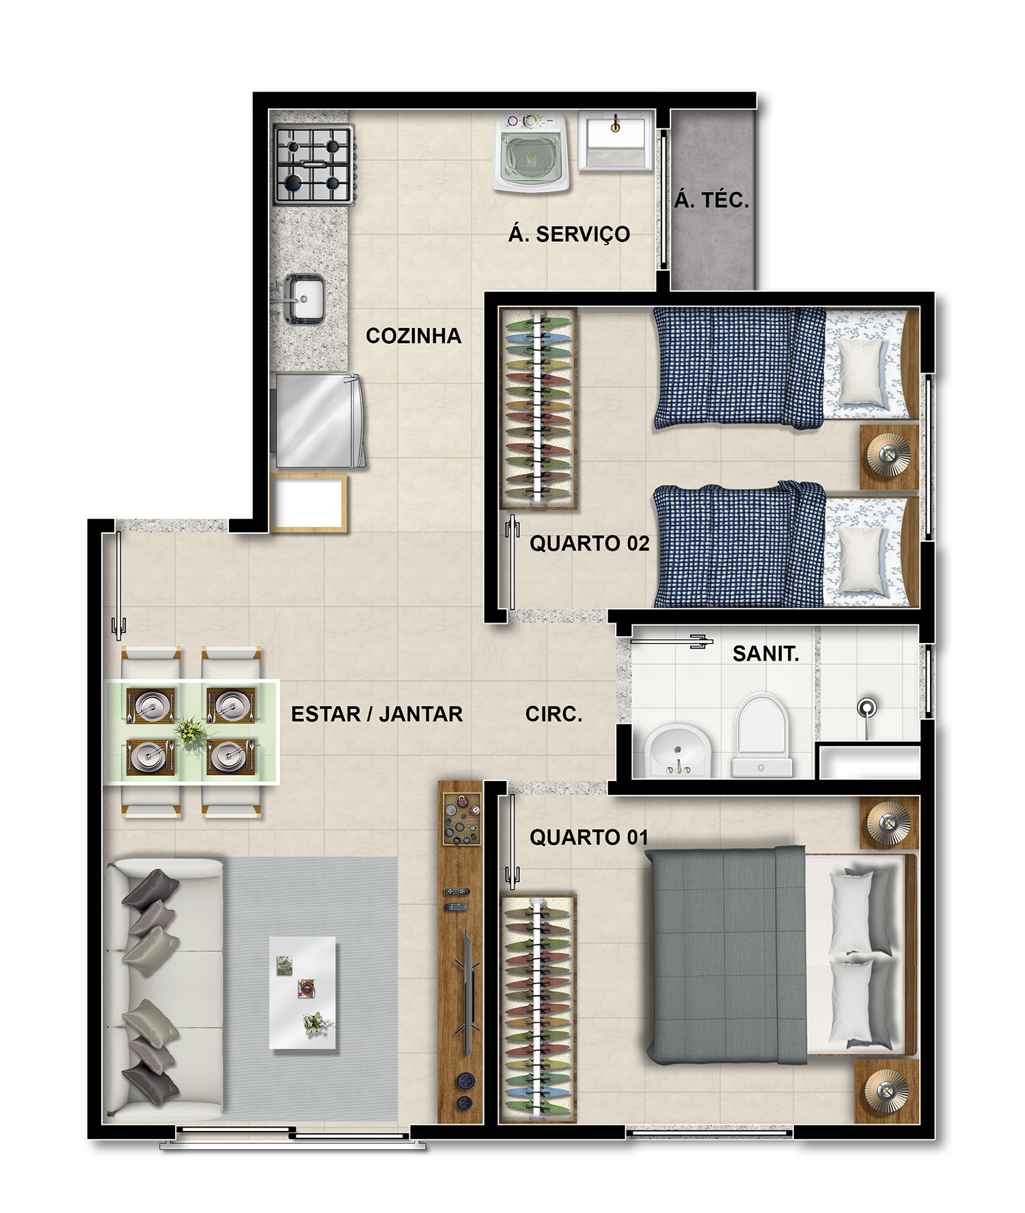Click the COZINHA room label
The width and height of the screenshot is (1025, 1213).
point(413,336)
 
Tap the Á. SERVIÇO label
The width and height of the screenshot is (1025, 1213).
point(569,234)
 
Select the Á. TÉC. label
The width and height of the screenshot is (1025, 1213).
point(711,200)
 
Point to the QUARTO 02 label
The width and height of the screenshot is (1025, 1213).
point(589,543)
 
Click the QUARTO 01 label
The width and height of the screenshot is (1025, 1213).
point(588,837)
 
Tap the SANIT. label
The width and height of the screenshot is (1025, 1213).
point(765,654)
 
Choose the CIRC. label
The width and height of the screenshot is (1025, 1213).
point(553,714)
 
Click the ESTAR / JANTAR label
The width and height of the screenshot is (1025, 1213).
point(377,714)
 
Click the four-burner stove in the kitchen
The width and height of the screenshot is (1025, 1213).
point(314,165)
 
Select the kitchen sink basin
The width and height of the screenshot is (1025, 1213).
point(304,299)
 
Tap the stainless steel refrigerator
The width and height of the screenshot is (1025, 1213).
point(318,420)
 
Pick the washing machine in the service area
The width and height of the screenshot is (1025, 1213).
point(531,152)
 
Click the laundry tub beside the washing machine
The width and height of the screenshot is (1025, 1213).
point(615,139)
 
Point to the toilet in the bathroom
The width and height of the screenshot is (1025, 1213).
point(761,735)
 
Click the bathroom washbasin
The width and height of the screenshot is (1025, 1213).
point(676,751)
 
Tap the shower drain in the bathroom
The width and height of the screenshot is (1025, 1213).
point(866,707)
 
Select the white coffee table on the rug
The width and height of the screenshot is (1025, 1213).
point(302,992)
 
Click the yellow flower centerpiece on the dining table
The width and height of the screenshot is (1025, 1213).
point(190,731)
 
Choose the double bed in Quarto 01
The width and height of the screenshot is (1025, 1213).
point(782,955)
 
